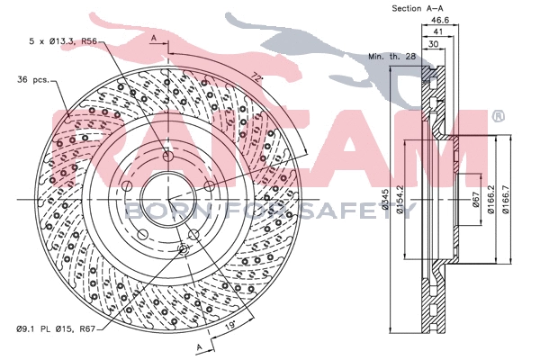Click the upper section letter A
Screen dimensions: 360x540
(154, 38)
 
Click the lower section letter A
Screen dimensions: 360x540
(197, 346)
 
